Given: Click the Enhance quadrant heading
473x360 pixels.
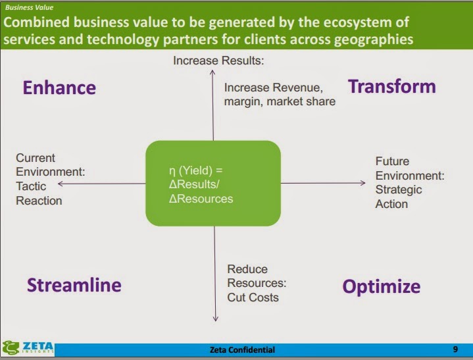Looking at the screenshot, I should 59,88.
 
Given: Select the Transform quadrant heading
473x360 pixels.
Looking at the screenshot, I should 391,86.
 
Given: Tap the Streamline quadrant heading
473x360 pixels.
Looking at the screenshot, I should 74,284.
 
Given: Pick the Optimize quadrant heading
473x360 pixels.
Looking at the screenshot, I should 381,286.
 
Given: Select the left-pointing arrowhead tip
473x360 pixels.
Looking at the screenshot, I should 60,185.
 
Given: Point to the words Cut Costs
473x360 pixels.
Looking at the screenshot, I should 253,297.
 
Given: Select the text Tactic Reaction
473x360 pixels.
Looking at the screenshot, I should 39,193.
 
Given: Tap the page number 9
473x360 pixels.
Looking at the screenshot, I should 455,349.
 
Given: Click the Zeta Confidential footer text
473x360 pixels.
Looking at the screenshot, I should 241,349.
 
